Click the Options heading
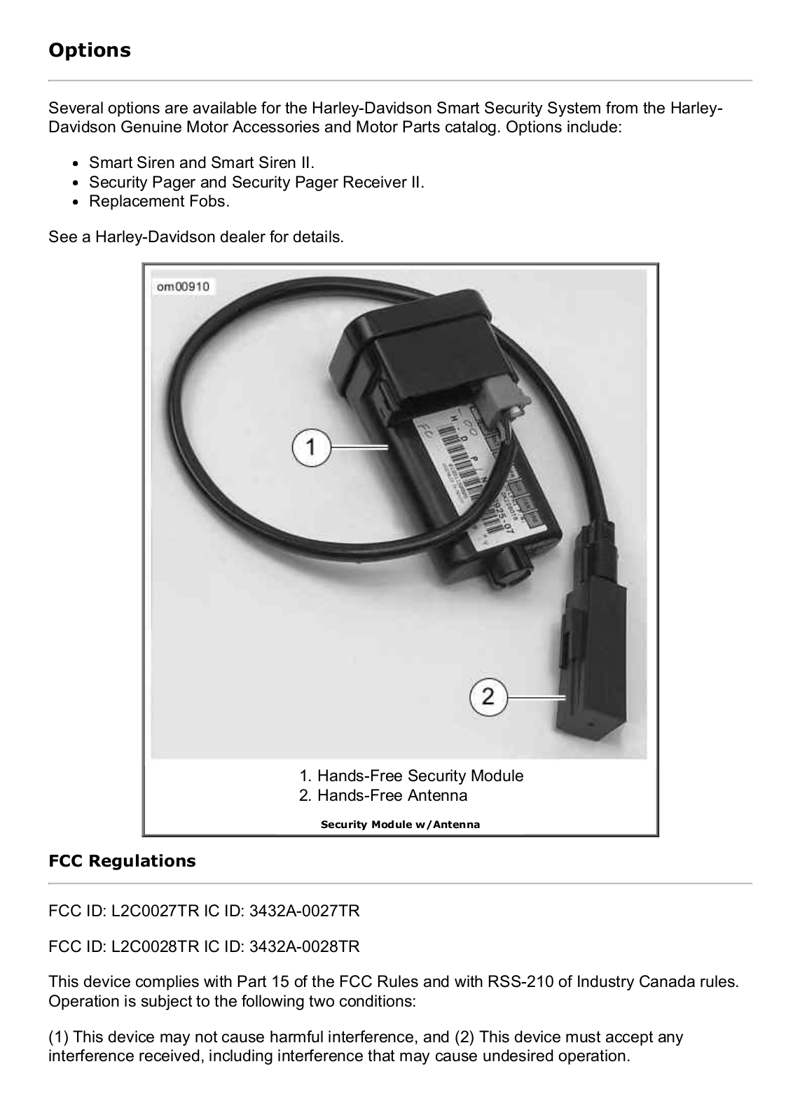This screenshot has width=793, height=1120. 89,50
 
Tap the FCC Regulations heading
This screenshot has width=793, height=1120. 122,860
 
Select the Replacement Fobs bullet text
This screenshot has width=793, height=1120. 159,202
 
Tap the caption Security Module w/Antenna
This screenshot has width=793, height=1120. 400,824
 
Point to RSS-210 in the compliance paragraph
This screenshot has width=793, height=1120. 519,981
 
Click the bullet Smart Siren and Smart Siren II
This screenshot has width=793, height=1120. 202,162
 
